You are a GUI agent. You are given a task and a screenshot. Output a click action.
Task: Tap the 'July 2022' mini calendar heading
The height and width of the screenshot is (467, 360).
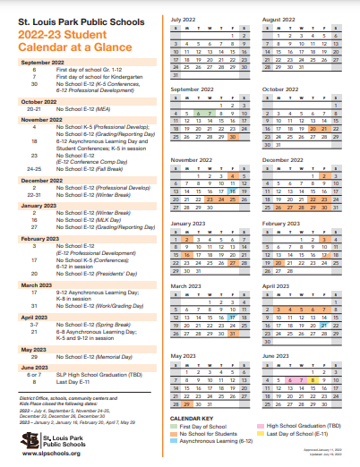click(184, 18)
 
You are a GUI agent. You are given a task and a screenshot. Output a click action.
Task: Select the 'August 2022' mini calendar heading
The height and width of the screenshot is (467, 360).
click(279, 18)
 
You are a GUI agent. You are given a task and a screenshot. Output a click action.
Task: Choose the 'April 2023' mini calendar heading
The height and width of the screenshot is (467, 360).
click(276, 286)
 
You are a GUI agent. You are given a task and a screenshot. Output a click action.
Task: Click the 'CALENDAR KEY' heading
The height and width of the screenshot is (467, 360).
click(191, 418)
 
